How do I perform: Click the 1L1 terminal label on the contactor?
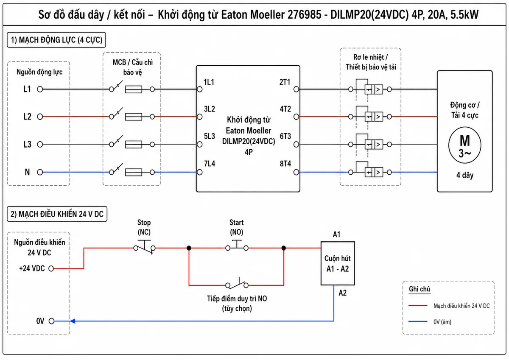click(209, 82)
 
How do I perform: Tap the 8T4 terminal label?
click(285, 164)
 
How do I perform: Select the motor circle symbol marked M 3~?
click(465, 145)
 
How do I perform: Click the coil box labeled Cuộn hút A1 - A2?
click(338, 263)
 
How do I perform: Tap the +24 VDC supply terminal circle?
click(51, 269)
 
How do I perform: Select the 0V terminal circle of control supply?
click(52, 321)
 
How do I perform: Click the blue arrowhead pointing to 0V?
click(73, 321)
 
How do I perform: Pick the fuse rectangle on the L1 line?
click(134, 89)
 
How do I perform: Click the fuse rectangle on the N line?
click(134, 172)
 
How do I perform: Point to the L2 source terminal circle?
click(40, 117)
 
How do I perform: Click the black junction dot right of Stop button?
click(189, 248)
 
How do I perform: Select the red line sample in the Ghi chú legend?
click(418, 306)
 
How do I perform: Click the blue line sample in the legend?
click(418, 321)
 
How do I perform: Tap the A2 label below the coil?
click(342, 293)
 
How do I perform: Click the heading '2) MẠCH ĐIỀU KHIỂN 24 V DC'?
click(57, 214)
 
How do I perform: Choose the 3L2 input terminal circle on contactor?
click(199, 117)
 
